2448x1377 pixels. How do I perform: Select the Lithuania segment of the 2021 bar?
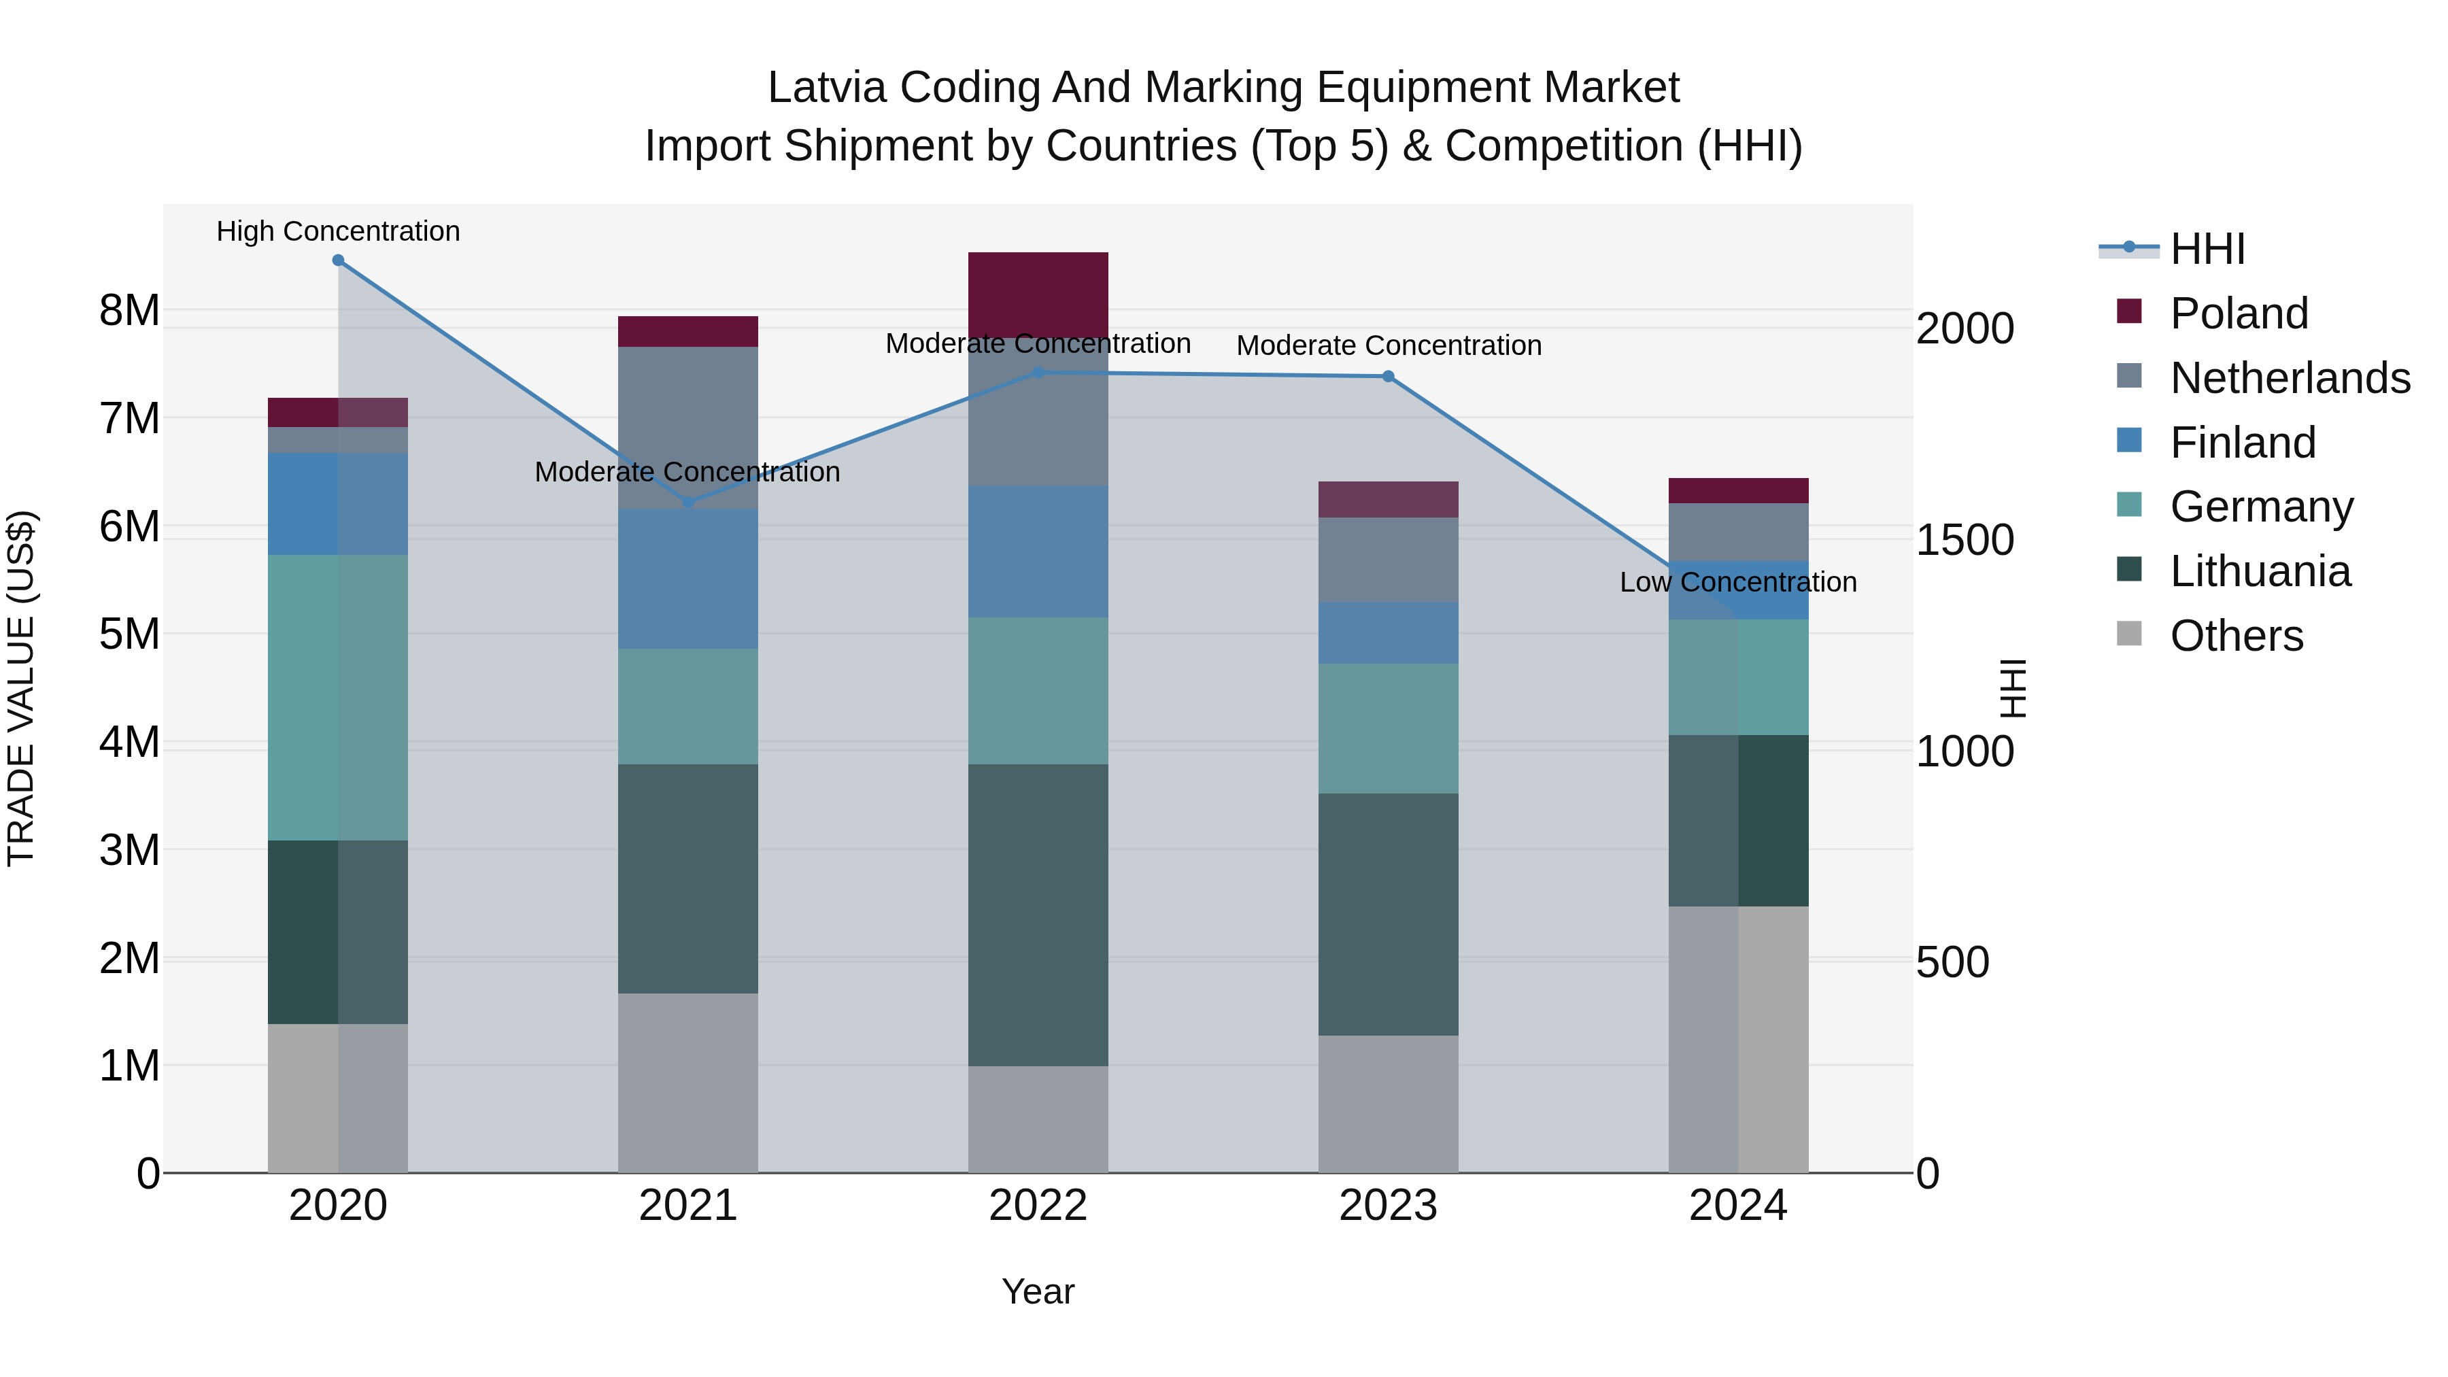(688, 879)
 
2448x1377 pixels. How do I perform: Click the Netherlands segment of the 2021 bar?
(688, 428)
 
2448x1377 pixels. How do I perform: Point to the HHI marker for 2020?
(339, 260)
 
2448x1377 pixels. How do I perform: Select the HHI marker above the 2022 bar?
(1038, 373)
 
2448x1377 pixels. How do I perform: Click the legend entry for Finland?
(2243, 443)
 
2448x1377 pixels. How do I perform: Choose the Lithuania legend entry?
(2260, 571)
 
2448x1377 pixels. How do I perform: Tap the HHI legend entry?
(2207, 249)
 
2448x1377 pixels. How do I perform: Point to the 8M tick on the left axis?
(129, 311)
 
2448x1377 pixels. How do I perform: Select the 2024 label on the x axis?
(1737, 1206)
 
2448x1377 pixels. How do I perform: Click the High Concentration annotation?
(339, 231)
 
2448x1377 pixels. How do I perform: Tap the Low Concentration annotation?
(1737, 581)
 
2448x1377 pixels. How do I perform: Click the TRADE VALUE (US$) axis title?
(21, 688)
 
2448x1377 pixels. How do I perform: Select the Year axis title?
(1038, 1291)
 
